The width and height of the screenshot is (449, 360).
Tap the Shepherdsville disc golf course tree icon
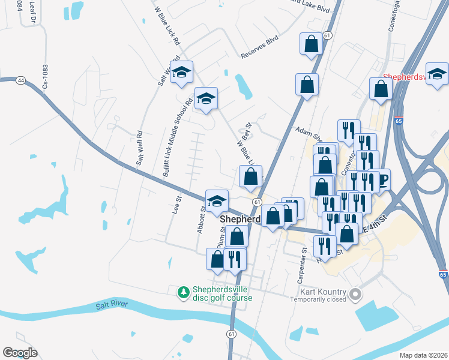point(184,292)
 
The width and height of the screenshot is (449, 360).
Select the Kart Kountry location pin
point(356,294)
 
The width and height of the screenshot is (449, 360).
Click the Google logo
point(20,353)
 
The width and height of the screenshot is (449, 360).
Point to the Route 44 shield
point(21,80)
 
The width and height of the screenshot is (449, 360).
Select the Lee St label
point(176,205)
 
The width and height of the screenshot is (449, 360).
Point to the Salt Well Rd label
point(140,148)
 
